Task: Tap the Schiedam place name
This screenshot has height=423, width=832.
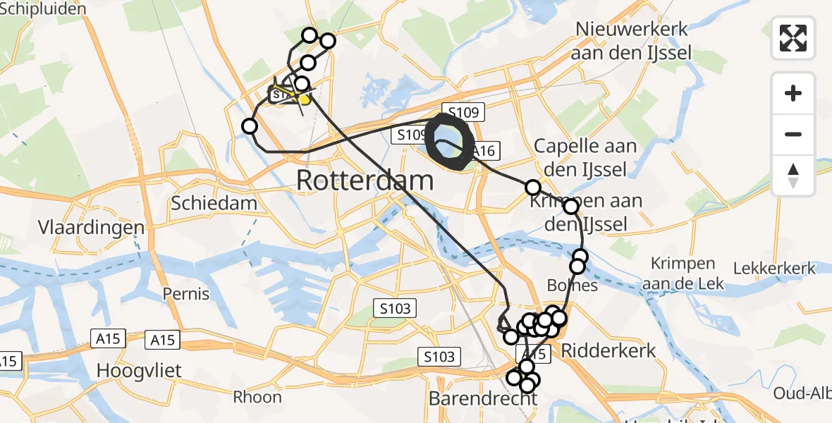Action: point(214,204)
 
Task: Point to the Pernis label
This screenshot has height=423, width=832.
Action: point(185,293)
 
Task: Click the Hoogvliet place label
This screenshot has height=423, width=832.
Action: point(139,370)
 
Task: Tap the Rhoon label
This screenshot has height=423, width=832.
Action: point(257,397)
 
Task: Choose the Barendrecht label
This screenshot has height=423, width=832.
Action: point(483,399)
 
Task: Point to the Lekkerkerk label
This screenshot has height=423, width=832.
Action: point(774,269)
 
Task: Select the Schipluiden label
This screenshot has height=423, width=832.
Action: point(44,9)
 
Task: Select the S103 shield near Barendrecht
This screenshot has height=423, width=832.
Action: point(439,357)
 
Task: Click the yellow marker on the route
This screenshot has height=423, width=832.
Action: point(305,99)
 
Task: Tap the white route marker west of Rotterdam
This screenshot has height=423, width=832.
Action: point(250,126)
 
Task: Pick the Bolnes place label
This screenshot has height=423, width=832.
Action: point(573,286)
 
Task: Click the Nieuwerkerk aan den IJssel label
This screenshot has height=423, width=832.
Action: point(633,41)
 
